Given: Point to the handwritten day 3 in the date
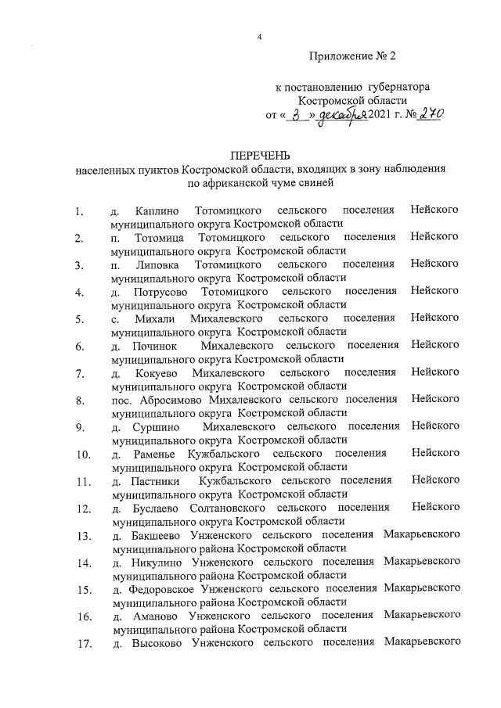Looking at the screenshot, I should point(295,114).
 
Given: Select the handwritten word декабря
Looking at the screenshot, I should point(345,115).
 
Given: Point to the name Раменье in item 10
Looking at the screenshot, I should point(156,454).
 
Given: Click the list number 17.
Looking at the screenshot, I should point(82,644).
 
